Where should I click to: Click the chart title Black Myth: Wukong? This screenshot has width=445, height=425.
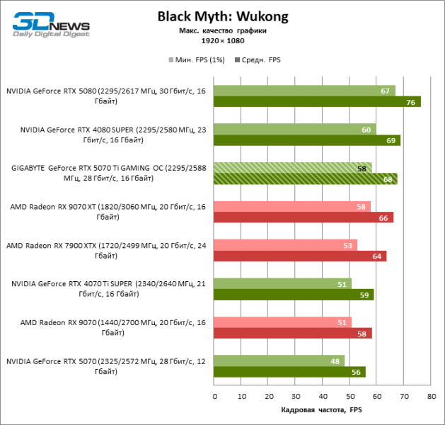pyautogui.click(x=223, y=16)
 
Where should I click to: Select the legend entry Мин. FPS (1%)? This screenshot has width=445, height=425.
pyautogui.click(x=197, y=60)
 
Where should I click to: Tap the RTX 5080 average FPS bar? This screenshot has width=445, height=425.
pyautogui.click(x=317, y=101)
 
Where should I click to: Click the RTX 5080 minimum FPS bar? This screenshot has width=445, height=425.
pyautogui.click(x=304, y=91)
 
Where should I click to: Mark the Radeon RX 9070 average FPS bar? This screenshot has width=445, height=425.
pyautogui.click(x=292, y=333)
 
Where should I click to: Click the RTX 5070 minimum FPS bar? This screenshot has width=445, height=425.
pyautogui.click(x=279, y=361)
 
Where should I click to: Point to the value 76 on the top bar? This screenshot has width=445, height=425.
pyautogui.click(x=410, y=102)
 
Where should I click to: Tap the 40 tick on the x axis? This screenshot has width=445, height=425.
pyautogui.click(x=323, y=396)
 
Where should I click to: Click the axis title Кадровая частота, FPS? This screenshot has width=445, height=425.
pyautogui.click(x=322, y=410)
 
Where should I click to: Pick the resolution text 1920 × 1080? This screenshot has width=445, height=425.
pyautogui.click(x=223, y=40)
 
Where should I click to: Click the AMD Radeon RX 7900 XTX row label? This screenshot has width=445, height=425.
pyautogui.click(x=106, y=250)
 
